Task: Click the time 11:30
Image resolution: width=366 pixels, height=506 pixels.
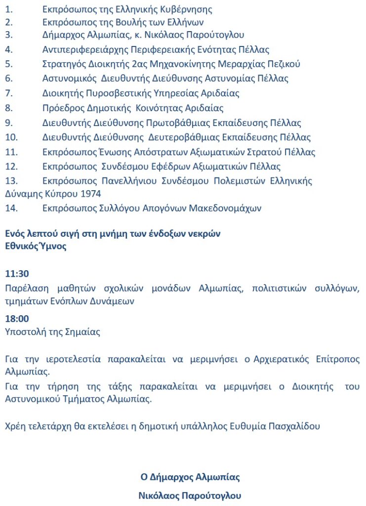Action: click(17, 273)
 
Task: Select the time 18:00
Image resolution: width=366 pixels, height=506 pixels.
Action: click(17, 319)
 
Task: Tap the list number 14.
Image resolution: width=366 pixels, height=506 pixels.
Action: click(11, 209)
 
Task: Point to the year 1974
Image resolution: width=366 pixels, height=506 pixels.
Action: click(77, 194)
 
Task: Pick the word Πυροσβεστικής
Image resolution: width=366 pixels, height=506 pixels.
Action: click(119, 93)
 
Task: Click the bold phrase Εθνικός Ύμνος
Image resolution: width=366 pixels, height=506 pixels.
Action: click(36, 247)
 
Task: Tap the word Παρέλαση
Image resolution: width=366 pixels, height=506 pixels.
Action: click(25, 288)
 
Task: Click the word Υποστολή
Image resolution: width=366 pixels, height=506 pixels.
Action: click(25, 332)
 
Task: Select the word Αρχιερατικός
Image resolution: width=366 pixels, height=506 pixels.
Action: click(269, 359)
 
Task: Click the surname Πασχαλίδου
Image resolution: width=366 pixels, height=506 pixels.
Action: click(295, 426)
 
